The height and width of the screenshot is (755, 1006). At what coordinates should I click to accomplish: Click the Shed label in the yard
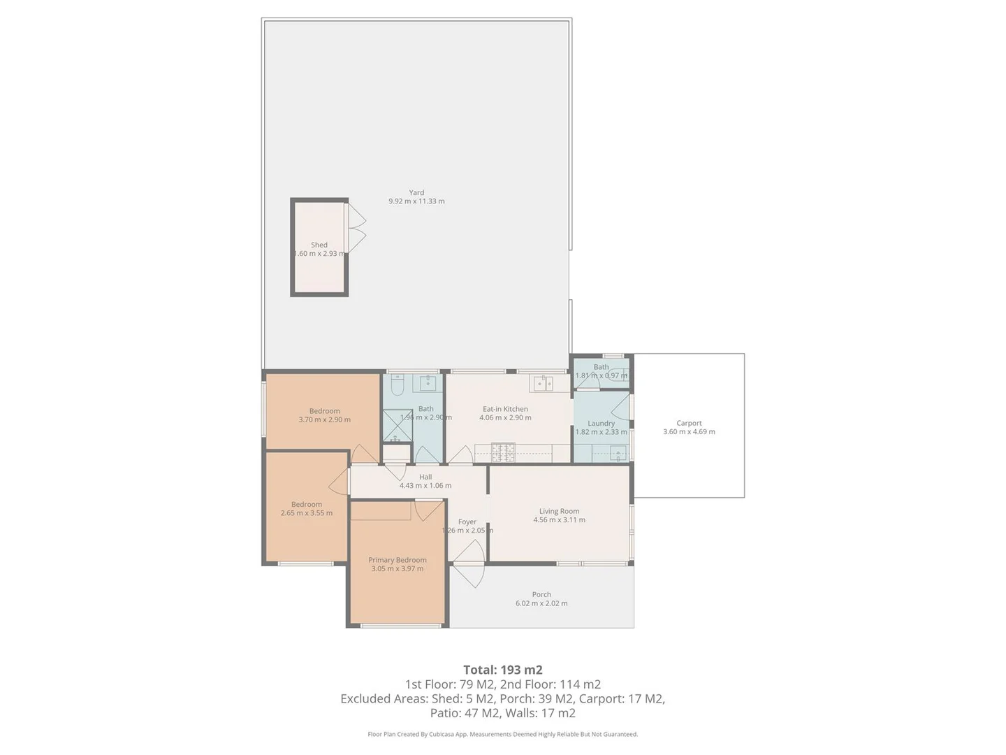(319, 245)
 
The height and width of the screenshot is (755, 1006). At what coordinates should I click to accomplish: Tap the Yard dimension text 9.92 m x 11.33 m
(416, 201)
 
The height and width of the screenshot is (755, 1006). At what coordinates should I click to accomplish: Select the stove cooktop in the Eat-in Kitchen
(503, 452)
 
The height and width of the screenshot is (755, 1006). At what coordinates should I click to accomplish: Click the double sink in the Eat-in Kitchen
(543, 383)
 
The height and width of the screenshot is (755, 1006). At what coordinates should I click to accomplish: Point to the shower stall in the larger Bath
(397, 426)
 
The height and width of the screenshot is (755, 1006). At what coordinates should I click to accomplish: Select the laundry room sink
(617, 454)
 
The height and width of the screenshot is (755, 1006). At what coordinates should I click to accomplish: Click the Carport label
(689, 423)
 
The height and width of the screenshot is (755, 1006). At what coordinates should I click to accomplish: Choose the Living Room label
(559, 511)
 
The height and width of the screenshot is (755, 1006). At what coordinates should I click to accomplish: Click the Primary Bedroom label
(397, 560)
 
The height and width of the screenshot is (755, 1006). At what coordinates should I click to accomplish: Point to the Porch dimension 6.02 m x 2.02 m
(541, 603)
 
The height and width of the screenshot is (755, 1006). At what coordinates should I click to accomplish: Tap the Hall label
(425, 477)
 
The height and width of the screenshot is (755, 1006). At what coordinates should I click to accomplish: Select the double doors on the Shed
(356, 228)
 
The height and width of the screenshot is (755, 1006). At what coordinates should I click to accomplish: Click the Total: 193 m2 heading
(502, 670)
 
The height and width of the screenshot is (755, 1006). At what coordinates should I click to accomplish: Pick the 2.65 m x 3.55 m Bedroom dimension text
(307, 513)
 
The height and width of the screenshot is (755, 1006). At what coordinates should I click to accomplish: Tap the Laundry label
(601, 423)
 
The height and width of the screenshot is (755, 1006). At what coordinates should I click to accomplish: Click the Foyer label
(467, 522)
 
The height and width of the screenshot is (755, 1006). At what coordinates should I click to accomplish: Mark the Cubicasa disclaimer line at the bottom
(502, 734)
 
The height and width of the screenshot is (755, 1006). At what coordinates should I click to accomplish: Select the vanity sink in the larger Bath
(428, 382)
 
